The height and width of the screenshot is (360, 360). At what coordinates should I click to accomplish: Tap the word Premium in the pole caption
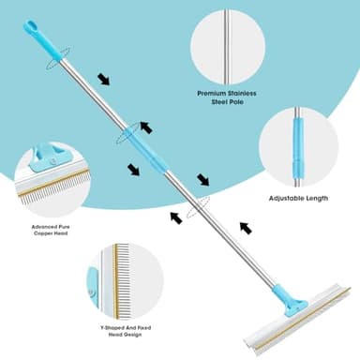click(214, 94)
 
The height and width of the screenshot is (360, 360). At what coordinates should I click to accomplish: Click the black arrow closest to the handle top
click(103, 80)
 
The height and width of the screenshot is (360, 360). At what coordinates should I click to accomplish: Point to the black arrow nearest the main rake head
click(246, 227)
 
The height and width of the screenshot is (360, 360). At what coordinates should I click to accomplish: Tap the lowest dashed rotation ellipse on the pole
click(194, 211)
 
